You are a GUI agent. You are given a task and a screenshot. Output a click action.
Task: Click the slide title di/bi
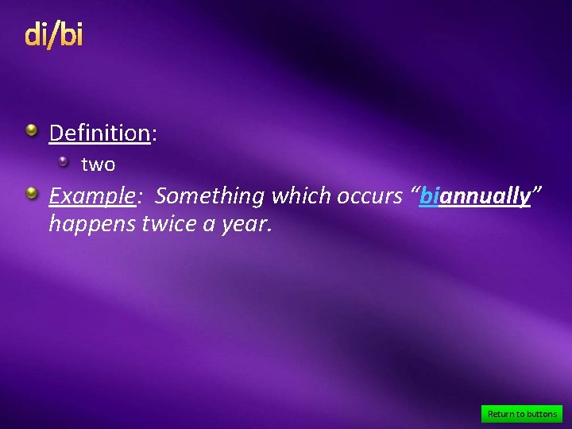(54, 35)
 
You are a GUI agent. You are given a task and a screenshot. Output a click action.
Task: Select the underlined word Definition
(99, 133)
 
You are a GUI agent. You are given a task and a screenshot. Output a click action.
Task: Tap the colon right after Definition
(153, 134)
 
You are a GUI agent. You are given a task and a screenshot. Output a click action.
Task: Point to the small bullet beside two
(64, 162)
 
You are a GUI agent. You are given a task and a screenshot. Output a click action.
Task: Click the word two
(99, 165)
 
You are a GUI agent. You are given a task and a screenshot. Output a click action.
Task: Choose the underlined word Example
(91, 196)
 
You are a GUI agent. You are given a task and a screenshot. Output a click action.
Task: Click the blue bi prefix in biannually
(429, 196)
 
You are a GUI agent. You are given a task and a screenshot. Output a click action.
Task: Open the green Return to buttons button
(522, 413)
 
